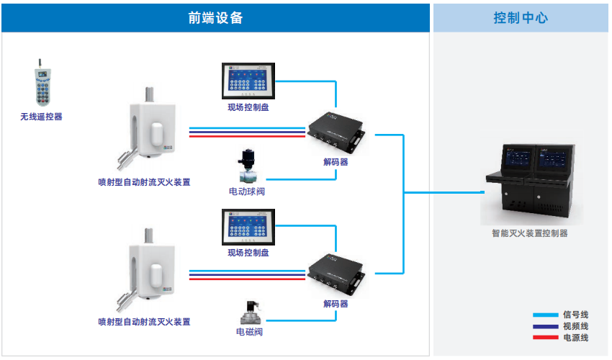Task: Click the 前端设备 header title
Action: [216, 18]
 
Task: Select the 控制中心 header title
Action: [521, 18]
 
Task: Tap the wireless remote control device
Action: [41, 86]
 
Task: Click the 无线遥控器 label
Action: [41, 116]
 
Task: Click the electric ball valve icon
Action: [248, 167]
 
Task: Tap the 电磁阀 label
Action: [249, 332]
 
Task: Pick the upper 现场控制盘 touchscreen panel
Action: [248, 81]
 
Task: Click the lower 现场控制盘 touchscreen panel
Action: [248, 226]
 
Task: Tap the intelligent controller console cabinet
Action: [529, 184]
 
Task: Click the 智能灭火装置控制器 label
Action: [529, 233]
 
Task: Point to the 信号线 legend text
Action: [575, 315]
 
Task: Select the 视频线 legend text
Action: [575, 326]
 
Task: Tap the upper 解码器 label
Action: [336, 162]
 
